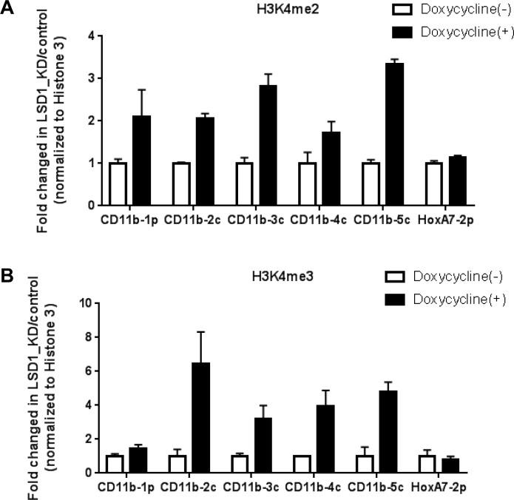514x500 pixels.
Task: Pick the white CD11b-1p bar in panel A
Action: click(116, 183)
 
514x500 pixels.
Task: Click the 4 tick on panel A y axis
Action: click(89, 36)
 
